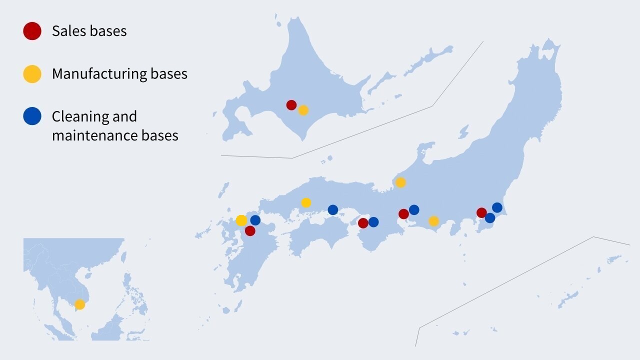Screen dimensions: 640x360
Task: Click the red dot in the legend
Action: [32, 31]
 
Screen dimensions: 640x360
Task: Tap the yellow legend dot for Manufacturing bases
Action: [32, 74]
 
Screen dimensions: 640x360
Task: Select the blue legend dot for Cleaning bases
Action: [32, 116]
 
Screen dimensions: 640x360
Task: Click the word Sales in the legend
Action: [68, 31]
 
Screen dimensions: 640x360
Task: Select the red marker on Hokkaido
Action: [291, 105]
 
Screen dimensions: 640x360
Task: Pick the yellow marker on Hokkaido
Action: [303, 110]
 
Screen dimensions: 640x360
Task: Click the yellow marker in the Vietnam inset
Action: [79, 304]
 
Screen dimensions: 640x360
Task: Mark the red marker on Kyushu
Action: [250, 231]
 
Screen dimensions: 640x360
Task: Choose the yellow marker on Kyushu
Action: [241, 220]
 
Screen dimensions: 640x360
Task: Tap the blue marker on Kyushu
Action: [255, 220]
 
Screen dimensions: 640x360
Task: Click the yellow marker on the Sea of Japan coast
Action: [400, 182]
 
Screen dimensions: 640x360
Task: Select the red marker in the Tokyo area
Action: [481, 212]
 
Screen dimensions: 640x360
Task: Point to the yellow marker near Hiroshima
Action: [306, 203]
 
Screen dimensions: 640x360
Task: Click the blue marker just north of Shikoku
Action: [333, 210]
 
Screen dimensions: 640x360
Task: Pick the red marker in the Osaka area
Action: [363, 223]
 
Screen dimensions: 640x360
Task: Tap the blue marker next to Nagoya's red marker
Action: [414, 210]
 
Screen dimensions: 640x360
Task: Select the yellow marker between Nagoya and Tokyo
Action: [433, 221]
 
